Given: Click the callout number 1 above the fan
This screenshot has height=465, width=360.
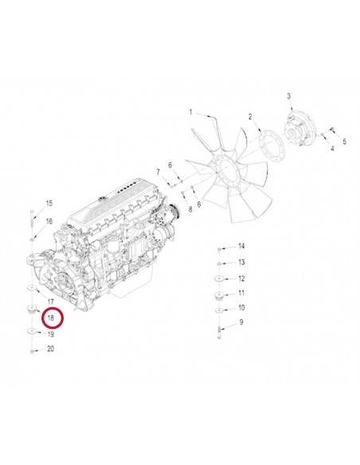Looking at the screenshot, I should [191, 111].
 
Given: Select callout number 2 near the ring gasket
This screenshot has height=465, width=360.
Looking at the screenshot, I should [249, 117].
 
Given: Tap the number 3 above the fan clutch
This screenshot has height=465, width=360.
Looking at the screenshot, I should [288, 96].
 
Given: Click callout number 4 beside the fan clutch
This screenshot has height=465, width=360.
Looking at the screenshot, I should [345, 141].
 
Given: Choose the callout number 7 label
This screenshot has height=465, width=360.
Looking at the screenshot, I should [158, 171].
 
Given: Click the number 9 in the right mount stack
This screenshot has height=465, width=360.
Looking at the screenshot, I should [241, 322].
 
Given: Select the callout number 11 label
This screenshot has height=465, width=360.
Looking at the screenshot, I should [241, 293].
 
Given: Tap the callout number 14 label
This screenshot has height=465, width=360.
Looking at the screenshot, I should [241, 248].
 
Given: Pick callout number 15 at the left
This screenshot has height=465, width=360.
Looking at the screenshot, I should [49, 203].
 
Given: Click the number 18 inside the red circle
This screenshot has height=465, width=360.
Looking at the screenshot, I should [50, 318].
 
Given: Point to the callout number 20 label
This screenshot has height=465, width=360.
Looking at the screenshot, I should [50, 349].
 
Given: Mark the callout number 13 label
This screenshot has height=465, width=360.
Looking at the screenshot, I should [241, 262].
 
